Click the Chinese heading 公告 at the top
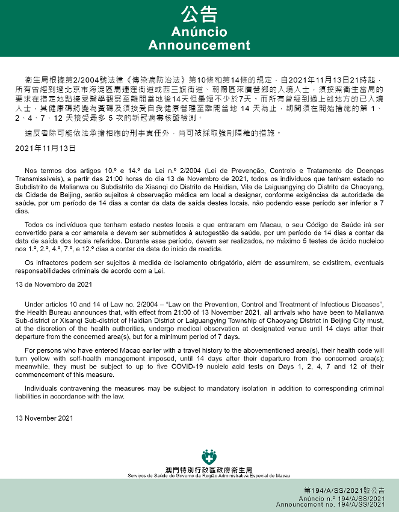[x=199, y=15]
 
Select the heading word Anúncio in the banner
[x=199, y=31]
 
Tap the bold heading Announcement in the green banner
[x=199, y=45]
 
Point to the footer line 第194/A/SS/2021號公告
[x=344, y=491]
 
